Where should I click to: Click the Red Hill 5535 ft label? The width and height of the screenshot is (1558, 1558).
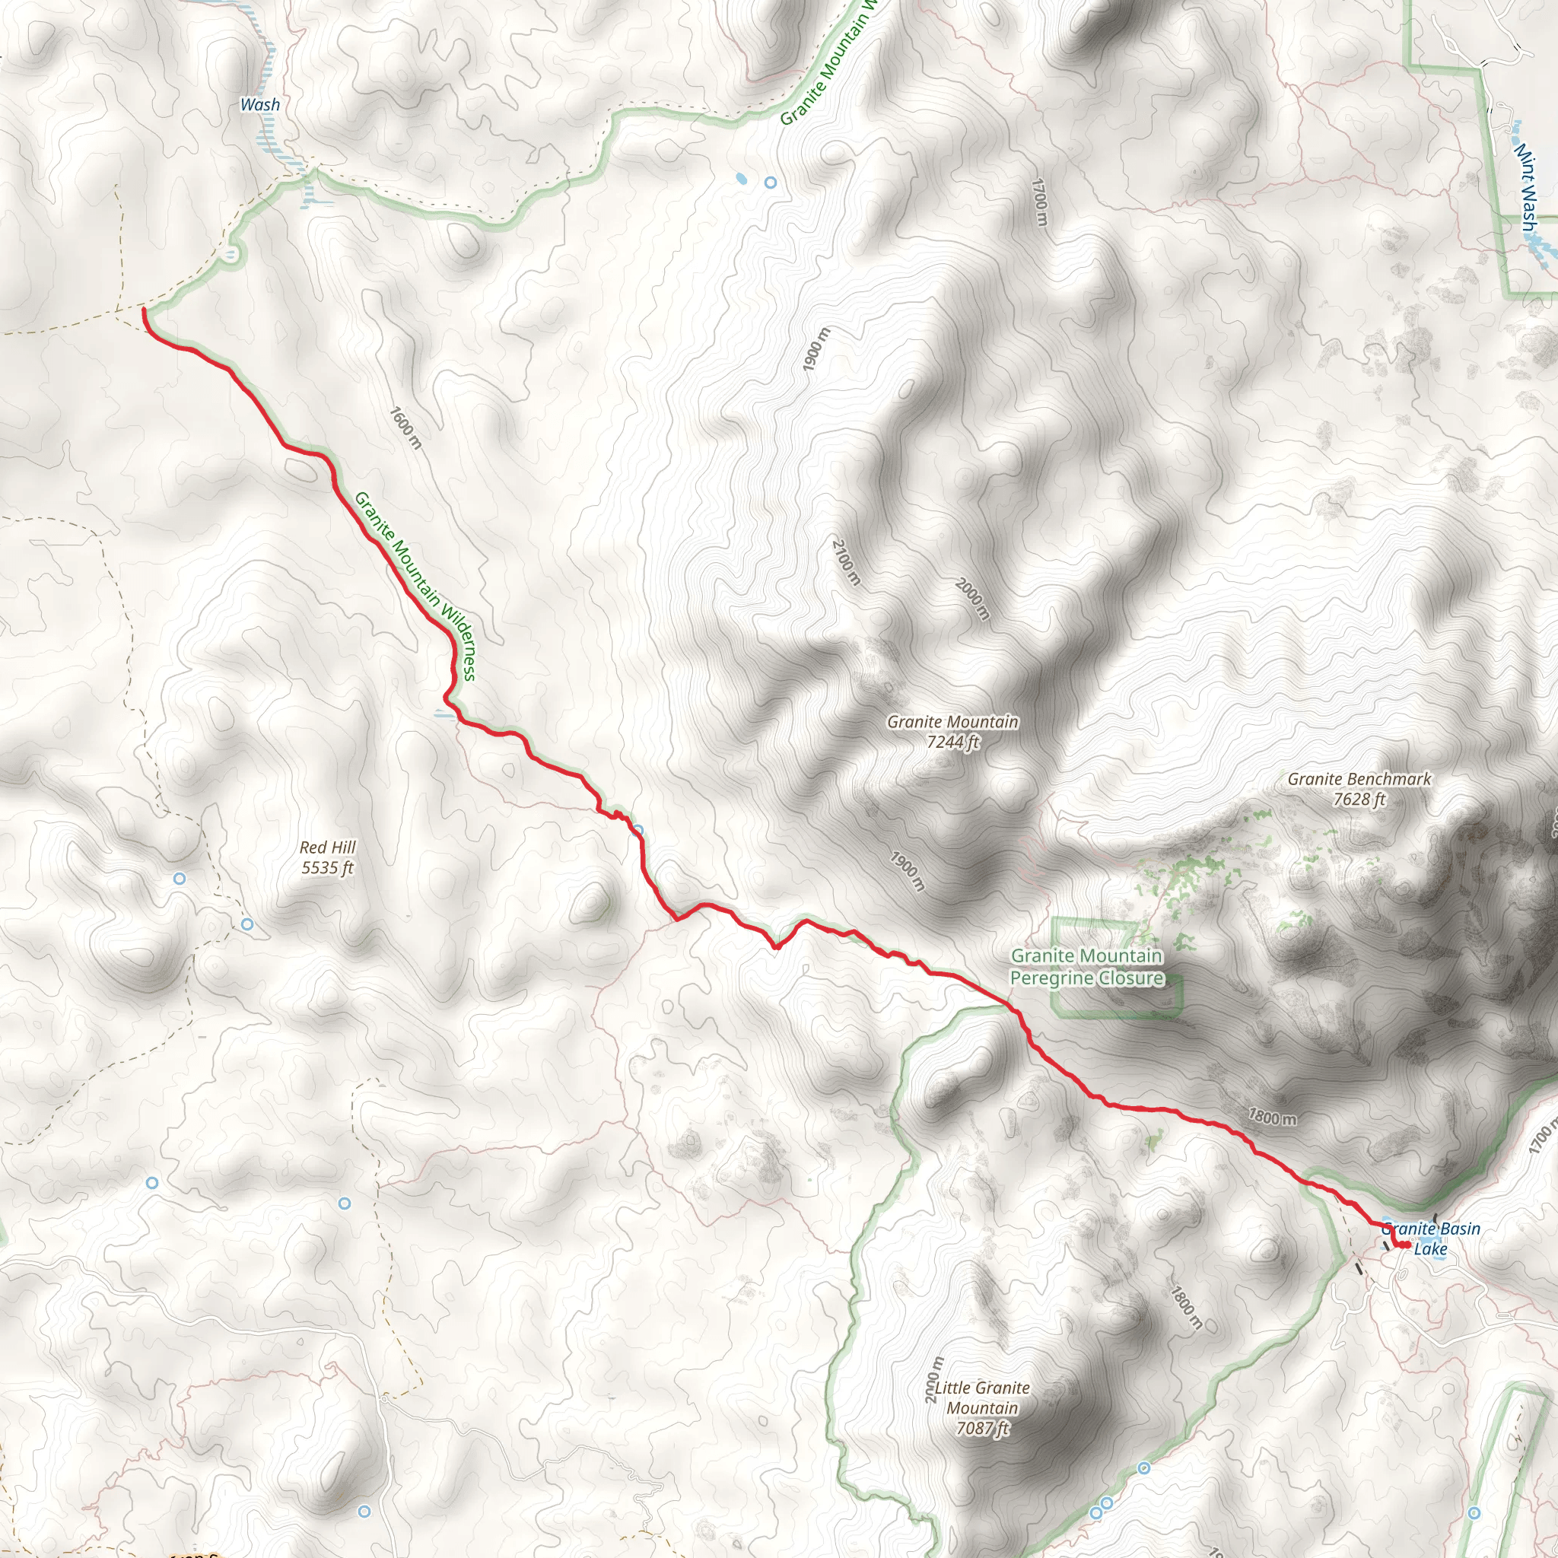coord(326,857)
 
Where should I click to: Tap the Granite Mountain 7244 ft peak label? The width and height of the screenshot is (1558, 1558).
coord(952,731)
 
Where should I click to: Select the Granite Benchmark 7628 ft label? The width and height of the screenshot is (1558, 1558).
coord(1359,789)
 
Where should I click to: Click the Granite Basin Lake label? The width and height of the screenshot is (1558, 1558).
coord(1432,1238)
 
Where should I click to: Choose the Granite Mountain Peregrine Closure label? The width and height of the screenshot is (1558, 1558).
coord(1086,967)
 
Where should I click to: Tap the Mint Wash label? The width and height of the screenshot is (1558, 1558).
coord(1526,186)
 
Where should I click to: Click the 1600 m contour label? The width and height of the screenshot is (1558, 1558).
coord(405,428)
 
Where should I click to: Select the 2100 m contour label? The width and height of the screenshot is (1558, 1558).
coord(846,562)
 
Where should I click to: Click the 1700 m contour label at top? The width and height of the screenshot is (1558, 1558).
coord(1039,202)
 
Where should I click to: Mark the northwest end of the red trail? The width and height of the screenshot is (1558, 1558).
coord(144,309)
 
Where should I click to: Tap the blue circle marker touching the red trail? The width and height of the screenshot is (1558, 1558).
coord(637,830)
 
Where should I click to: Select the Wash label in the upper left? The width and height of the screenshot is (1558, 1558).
coord(259,105)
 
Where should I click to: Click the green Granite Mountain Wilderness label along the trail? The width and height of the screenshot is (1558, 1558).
coord(415,586)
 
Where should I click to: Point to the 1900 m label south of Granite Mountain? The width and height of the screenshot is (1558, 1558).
coord(908,870)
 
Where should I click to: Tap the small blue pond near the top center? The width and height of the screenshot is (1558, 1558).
coord(740,178)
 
